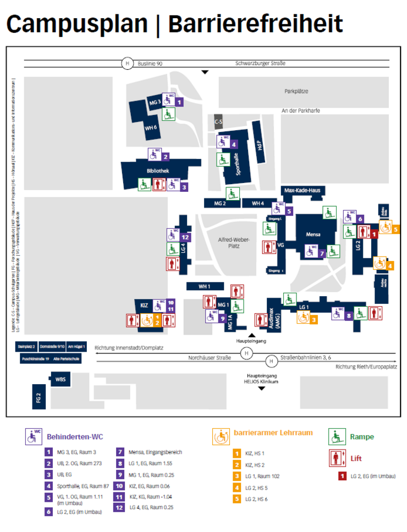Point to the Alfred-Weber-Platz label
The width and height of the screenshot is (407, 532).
[229, 243]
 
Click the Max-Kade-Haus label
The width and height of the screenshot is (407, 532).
[302, 190]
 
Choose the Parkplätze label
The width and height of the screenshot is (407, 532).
[296, 92]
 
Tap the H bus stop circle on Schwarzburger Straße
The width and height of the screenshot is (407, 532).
[128, 63]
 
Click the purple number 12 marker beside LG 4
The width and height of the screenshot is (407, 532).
[185, 237]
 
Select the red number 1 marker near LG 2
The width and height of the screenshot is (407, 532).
[375, 234]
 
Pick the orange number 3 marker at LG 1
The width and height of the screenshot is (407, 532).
[313, 319]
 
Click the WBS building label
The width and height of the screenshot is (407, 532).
[61, 379]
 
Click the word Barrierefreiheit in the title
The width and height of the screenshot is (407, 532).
[255, 25]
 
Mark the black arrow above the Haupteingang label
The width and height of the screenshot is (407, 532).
[252, 335]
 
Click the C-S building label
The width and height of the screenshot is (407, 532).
[218, 121]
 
